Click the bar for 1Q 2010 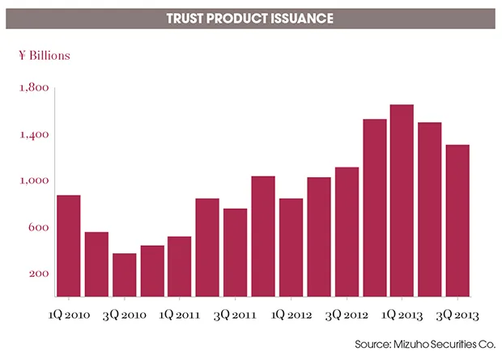pyautogui.click(x=69, y=246)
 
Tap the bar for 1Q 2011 pyautogui.click(x=180, y=266)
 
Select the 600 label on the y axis pyautogui.click(x=38, y=228)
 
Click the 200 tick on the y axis pyautogui.click(x=38, y=274)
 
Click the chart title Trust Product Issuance pyautogui.click(x=250, y=17)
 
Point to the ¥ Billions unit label pyautogui.click(x=45, y=56)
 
